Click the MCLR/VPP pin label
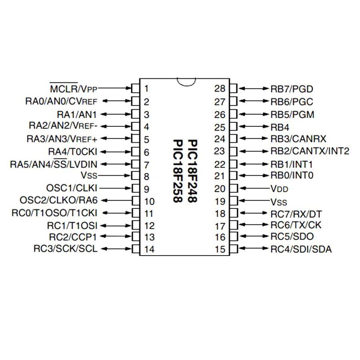coord(74,88)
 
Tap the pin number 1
coord(146,89)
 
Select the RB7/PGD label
coord(292,89)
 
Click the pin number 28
coord(220,89)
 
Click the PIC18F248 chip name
coord(192,171)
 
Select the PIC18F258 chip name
coord(178,171)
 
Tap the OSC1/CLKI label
coord(72,188)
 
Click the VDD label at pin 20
coord(280,189)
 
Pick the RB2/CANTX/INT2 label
coord(310,151)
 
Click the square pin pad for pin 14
coord(136,249)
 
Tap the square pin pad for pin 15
coord(234,249)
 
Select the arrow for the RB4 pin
coord(254,126)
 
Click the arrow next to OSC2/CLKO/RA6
coord(116,200)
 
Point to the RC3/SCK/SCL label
coord(66,249)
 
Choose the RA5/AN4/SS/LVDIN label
coord(54,164)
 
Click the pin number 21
coord(220,176)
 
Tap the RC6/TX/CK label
coord(296,225)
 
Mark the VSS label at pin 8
coord(89,176)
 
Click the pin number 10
coord(149,202)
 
